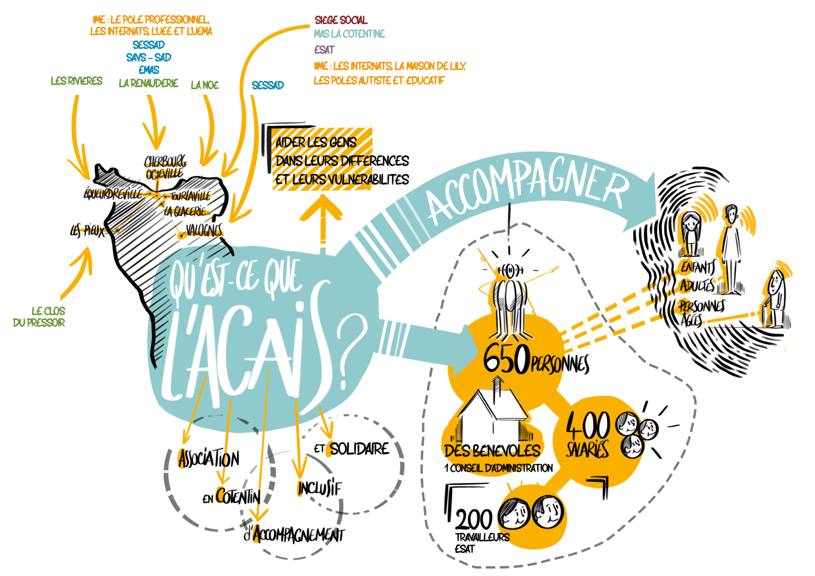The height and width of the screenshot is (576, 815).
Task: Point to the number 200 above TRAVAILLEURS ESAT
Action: (x=473, y=519)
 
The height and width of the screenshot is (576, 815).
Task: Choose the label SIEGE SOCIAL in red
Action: (x=341, y=20)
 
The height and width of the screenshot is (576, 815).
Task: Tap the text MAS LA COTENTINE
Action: (x=349, y=34)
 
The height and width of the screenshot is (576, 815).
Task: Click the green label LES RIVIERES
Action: (x=76, y=81)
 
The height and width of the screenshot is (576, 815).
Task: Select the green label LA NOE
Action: (x=205, y=85)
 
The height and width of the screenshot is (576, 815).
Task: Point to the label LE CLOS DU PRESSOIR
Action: (x=40, y=317)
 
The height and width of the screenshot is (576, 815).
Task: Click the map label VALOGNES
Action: (x=204, y=231)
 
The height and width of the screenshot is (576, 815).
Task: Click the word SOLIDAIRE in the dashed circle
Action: (x=359, y=449)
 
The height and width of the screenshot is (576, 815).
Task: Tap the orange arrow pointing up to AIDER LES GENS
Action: (x=321, y=221)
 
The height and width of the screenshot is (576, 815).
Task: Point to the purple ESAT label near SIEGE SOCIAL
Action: (x=324, y=50)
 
